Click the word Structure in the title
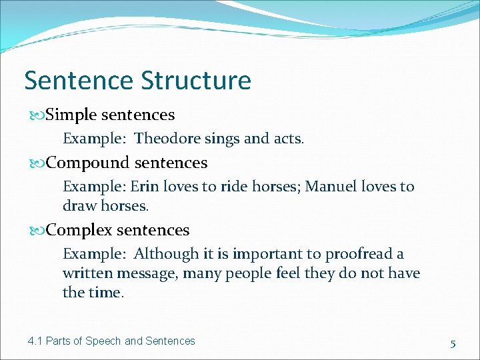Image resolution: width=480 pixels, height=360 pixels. [196, 81]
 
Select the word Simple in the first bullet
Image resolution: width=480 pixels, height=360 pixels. [71, 115]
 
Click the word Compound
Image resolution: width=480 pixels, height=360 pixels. [88, 163]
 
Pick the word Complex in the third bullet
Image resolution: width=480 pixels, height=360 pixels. [79, 230]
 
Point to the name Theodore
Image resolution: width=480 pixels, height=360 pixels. [162, 139]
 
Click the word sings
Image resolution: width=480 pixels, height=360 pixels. [217, 139]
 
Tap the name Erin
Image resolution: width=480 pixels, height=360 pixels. [143, 187]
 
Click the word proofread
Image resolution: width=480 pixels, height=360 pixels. [361, 254]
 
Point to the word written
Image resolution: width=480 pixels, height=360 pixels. [87, 273]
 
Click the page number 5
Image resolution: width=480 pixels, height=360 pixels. [453, 343]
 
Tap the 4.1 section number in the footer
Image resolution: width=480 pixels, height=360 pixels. [35, 341]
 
